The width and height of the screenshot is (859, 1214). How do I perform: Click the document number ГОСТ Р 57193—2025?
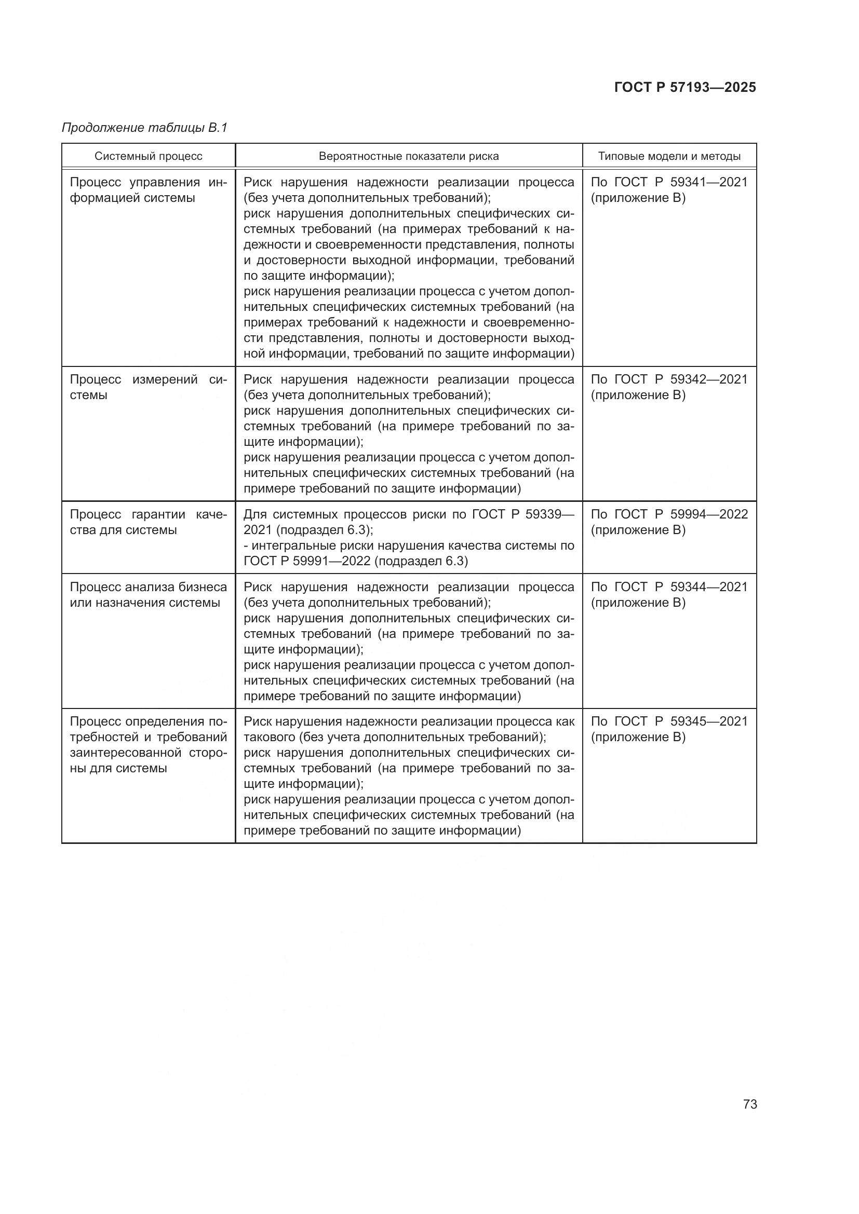point(685,87)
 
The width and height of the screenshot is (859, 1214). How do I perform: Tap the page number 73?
point(749,1104)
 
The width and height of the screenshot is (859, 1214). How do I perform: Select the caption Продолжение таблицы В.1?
point(144,128)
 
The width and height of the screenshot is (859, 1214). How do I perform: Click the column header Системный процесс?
point(149,156)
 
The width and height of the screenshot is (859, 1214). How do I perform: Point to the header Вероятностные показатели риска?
point(408,156)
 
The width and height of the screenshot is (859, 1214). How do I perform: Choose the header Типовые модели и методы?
point(669,156)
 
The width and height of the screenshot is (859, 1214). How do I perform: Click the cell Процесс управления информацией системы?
point(148,190)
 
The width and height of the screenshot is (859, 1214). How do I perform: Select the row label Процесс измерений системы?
point(148,387)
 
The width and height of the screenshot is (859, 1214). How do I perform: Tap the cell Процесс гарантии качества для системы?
point(148,522)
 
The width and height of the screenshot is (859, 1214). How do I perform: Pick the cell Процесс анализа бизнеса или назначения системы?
point(148,594)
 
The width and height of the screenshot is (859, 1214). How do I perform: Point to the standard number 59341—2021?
point(709,182)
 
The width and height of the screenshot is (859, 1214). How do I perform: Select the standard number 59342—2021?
point(709,379)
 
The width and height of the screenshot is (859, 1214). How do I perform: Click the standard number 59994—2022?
point(709,514)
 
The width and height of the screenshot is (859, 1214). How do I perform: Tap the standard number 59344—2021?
point(709,587)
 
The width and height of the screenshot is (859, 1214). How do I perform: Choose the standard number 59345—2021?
point(709,722)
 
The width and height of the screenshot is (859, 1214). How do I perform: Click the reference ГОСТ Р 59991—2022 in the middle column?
point(307,561)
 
